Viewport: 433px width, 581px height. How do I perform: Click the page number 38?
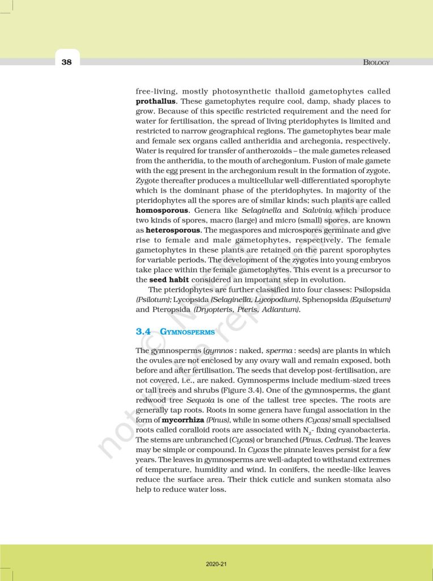[x=67, y=62]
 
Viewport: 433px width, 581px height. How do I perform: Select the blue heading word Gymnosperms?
[x=187, y=331]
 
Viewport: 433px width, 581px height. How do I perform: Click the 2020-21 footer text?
[x=216, y=564]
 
